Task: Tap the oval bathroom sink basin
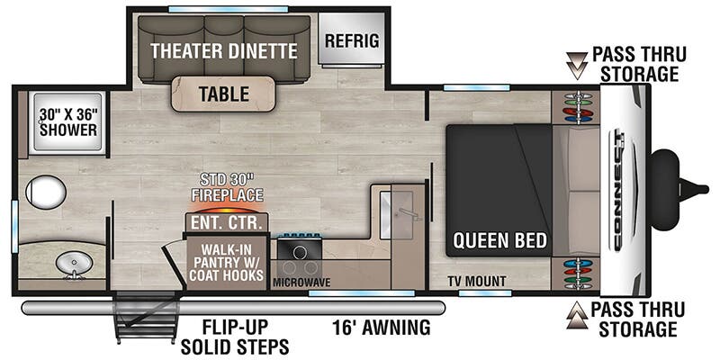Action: [74, 264]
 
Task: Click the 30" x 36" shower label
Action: [68, 121]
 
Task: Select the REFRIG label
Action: [352, 40]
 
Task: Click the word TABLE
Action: [224, 94]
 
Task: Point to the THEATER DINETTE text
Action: [224, 50]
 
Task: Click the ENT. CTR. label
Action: [227, 224]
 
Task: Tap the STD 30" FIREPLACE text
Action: [228, 187]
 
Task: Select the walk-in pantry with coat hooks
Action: [227, 261]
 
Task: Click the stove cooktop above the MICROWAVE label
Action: [300, 251]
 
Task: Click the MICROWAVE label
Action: [301, 283]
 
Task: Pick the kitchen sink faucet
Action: [409, 213]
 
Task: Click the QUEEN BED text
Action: [500, 239]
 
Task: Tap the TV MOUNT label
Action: [477, 281]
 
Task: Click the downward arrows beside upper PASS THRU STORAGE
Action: [577, 66]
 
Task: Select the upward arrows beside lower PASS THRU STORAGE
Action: [577, 316]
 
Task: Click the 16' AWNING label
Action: [382, 328]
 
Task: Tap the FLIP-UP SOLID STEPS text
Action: [235, 337]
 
